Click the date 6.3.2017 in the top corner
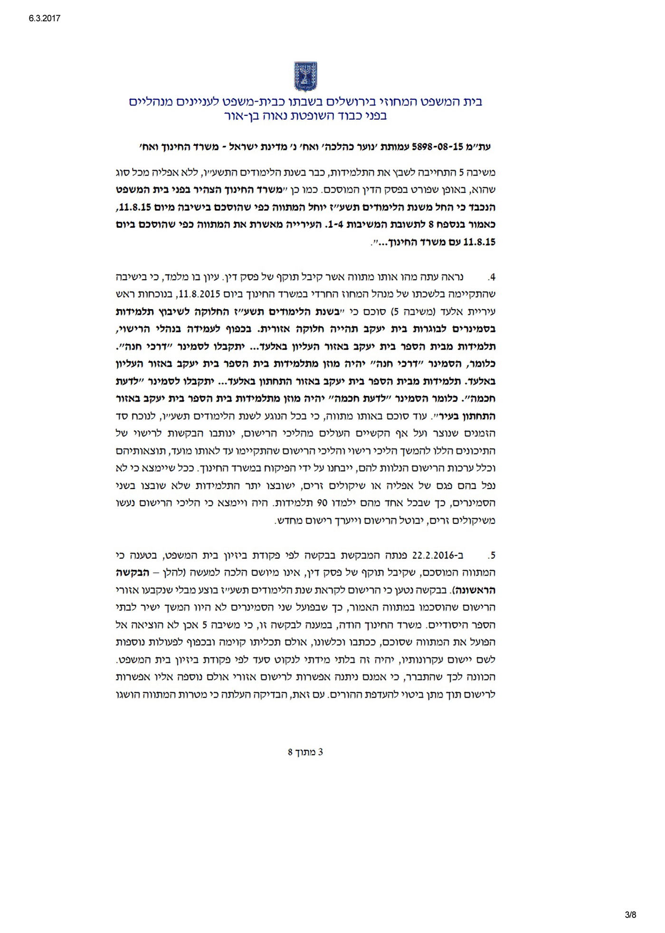(44, 19)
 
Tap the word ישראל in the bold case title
(242, 147)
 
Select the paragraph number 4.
(492, 277)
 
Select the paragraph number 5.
(492, 555)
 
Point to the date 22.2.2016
(437, 555)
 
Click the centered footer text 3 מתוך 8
(305, 752)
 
